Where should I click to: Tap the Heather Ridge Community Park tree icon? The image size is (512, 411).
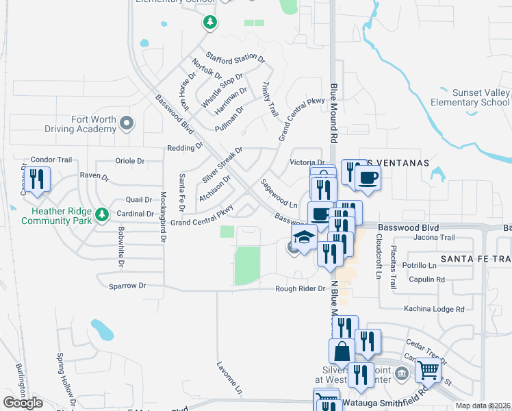click(103, 214)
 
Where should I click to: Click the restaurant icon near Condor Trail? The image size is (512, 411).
click(36, 180)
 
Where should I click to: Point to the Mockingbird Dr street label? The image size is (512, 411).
click(164, 216)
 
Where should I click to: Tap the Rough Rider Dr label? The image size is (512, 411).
click(300, 288)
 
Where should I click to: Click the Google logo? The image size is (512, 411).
click(23, 403)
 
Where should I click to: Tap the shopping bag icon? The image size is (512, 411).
click(342, 351)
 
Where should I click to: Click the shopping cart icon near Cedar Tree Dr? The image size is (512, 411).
click(428, 370)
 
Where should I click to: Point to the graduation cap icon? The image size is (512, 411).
click(304, 238)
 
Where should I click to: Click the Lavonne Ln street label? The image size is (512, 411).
click(230, 378)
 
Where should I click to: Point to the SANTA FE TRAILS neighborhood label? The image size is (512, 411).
click(476, 258)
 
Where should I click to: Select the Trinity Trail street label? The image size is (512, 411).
click(270, 99)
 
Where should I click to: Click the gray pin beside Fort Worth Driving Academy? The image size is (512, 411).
click(126, 123)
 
